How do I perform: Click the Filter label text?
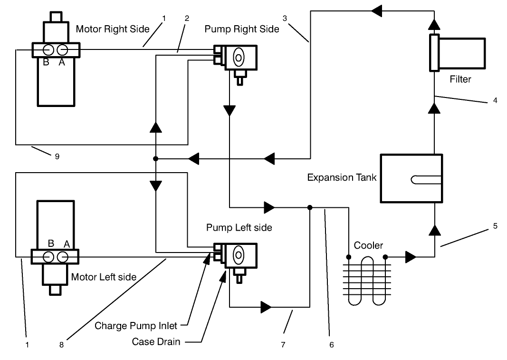pyautogui.click(x=460, y=79)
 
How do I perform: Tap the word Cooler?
pyautogui.click(x=368, y=246)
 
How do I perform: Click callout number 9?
pyautogui.click(x=57, y=156)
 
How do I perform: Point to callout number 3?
pyautogui.click(x=285, y=18)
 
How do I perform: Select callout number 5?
pyautogui.click(x=495, y=226)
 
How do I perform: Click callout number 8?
pyautogui.click(x=61, y=345)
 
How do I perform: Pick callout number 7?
pyautogui.click(x=283, y=345)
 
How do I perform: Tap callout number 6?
pyautogui.click(x=331, y=345)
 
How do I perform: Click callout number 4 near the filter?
pyautogui.click(x=495, y=101)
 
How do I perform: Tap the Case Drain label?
pyautogui.click(x=156, y=341)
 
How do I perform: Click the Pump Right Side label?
pyautogui.click(x=241, y=29)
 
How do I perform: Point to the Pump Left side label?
pyautogui.click(x=239, y=228)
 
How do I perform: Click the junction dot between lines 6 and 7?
pyautogui.click(x=310, y=207)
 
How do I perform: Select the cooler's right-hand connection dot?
pyautogui.click(x=385, y=257)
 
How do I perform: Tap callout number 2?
pyautogui.click(x=187, y=18)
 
